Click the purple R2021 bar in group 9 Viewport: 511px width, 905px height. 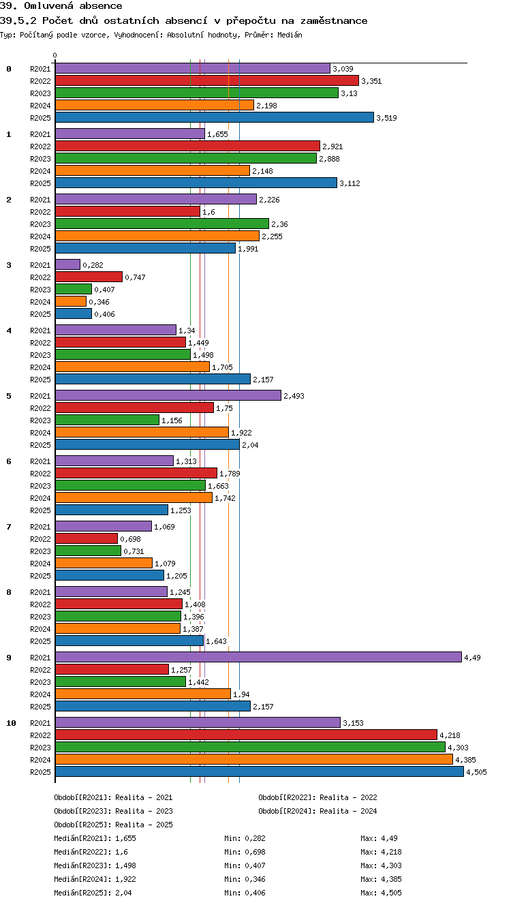click(258, 657)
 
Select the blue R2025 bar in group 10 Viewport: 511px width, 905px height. click(260, 771)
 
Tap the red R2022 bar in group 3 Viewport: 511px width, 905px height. click(89, 277)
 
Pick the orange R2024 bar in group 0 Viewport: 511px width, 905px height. click(155, 105)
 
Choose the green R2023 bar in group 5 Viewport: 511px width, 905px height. click(108, 420)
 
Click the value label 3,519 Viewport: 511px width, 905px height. click(386, 118)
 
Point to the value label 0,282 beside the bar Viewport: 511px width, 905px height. click(93, 265)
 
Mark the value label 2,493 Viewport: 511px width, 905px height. click(294, 396)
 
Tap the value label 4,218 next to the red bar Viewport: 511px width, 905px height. click(450, 735)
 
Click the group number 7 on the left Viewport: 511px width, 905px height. click(9, 526)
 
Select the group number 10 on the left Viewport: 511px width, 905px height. click(11, 723)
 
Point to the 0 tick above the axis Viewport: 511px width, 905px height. click(55, 55)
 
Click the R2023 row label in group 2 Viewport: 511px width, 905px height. click(40, 224)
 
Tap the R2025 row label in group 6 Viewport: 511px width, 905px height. click(40, 510)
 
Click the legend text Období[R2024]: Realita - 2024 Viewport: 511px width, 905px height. click(318, 811)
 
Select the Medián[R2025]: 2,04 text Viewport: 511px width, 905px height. click(93, 893)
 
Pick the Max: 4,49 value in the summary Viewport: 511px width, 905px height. click(379, 838)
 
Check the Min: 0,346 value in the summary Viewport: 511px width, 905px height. click(245, 878)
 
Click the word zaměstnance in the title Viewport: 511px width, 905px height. click(334, 20)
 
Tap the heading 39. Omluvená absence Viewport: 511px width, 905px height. click(61, 5)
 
